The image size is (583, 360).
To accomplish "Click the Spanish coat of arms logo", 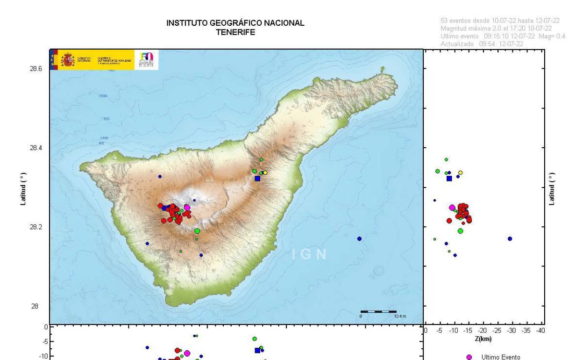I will coord(68,60).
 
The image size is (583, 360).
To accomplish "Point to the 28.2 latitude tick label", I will coord(36,227).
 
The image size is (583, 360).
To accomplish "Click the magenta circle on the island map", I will coord(187,208).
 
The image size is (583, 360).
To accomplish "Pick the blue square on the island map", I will coord(257,178).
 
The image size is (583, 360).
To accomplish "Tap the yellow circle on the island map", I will coord(265,173).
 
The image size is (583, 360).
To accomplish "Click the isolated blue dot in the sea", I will coord(359,238).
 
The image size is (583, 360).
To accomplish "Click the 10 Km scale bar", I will coord(378,311).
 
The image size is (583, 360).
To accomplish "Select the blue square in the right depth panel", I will coord(449,178).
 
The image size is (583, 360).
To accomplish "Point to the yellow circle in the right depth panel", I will coord(460,173).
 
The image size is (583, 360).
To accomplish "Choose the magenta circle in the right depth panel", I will coord(452,208).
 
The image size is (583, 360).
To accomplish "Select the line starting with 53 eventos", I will coord(500,20).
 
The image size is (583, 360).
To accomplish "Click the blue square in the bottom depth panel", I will coord(257,350).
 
